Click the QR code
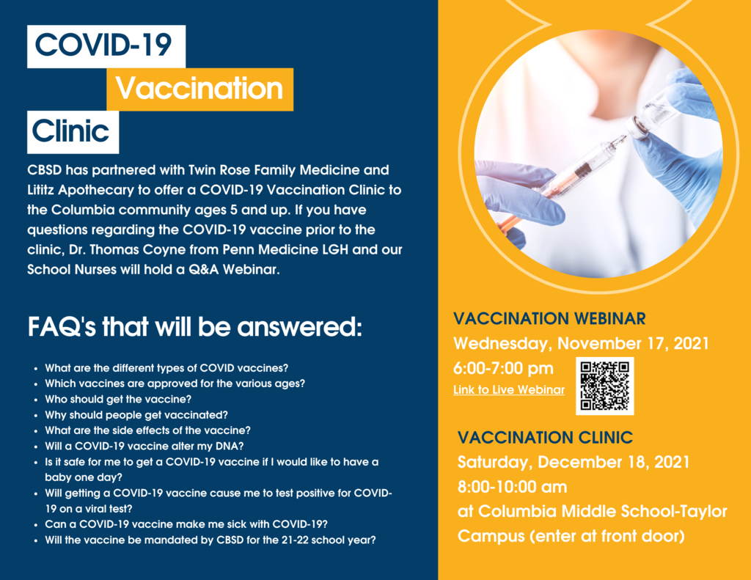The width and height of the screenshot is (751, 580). [x=604, y=386]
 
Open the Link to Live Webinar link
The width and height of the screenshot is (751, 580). [x=509, y=390]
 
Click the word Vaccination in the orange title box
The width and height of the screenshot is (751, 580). [x=199, y=89]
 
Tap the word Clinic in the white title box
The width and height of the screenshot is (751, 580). [x=70, y=131]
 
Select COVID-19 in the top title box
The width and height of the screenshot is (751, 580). [x=103, y=45]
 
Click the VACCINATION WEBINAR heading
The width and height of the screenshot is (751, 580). [x=549, y=318]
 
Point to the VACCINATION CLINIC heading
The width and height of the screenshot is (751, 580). [x=545, y=437]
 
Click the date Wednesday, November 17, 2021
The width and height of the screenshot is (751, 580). [x=581, y=343]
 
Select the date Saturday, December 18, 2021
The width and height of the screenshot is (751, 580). [x=574, y=462]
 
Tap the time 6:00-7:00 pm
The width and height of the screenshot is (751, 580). [x=503, y=368]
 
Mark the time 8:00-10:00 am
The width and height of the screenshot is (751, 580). [x=512, y=487]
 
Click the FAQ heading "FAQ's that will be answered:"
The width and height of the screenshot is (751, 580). [x=194, y=327]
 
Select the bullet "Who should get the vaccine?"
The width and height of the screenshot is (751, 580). [x=118, y=400]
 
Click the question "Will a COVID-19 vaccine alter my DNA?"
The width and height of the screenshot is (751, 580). [x=144, y=447]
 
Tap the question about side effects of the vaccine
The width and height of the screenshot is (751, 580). [x=147, y=430]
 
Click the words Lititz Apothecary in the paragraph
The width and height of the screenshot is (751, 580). [x=81, y=190]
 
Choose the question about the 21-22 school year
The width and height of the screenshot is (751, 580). [x=210, y=540]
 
